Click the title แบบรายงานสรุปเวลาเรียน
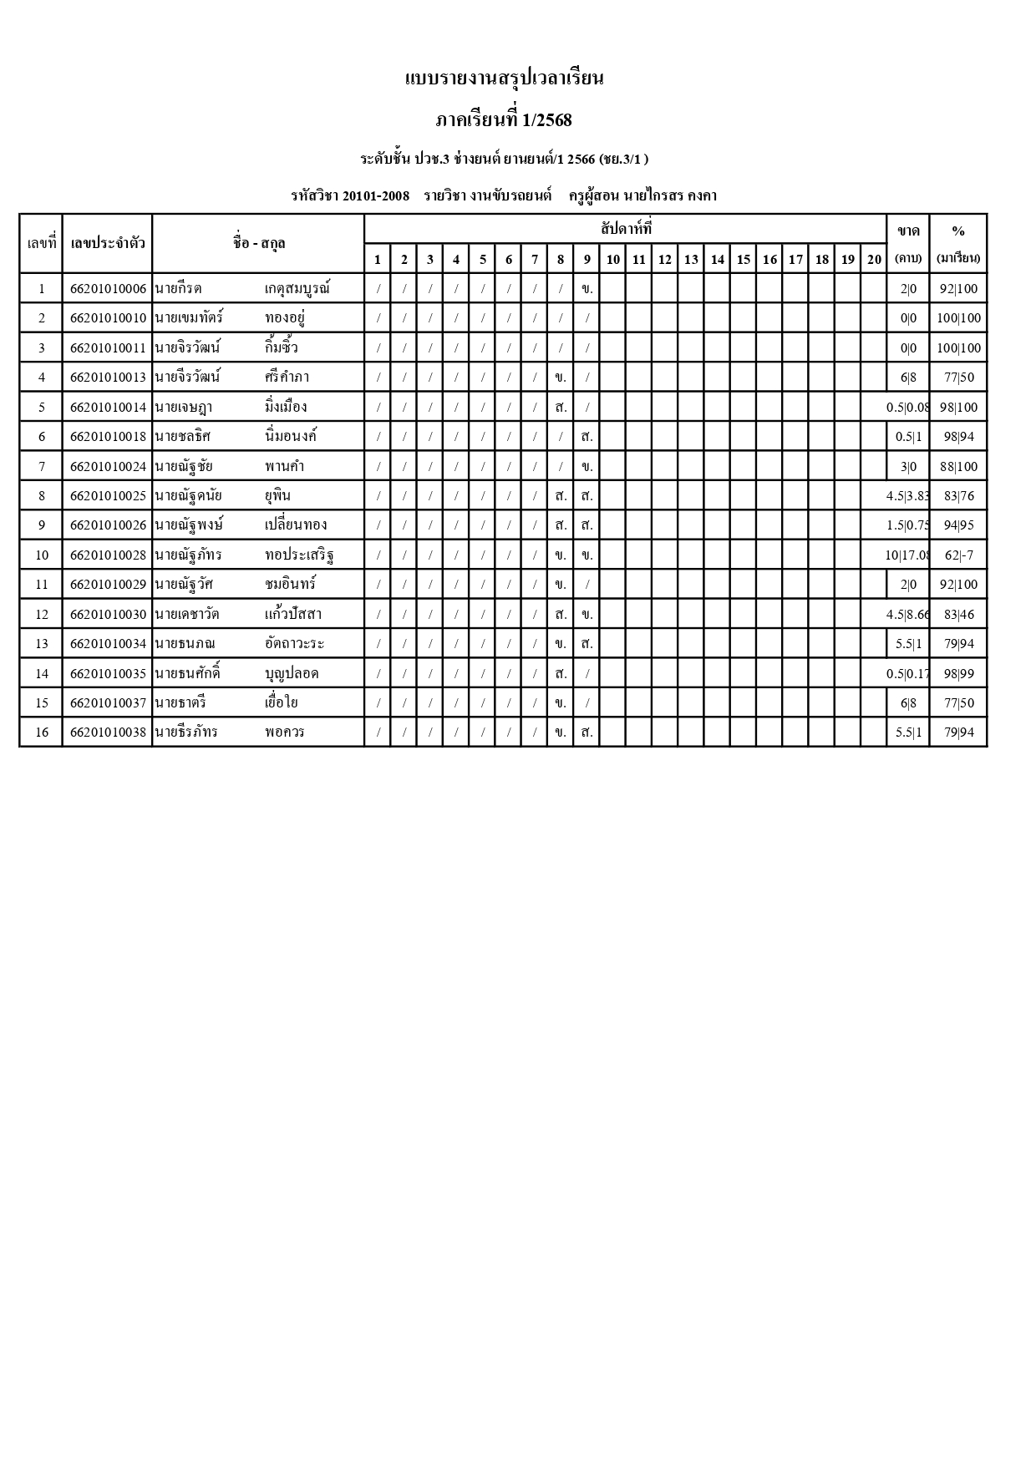pyautogui.click(x=504, y=79)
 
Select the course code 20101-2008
pyautogui.click(x=376, y=196)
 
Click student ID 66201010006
pyautogui.click(x=108, y=289)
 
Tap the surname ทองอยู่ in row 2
pyautogui.click(x=285, y=318)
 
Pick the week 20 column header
pyautogui.click(x=874, y=259)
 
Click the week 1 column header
pyautogui.click(x=378, y=259)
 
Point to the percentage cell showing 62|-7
pyautogui.click(x=958, y=555)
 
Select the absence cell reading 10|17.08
pyautogui.click(x=908, y=555)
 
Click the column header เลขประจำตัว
pyautogui.click(x=108, y=243)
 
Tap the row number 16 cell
pyautogui.click(x=42, y=732)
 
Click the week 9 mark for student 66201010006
pyautogui.click(x=587, y=289)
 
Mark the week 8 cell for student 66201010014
pyautogui.click(x=561, y=408)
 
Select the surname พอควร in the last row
pyautogui.click(x=285, y=732)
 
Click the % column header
pyautogui.click(x=958, y=231)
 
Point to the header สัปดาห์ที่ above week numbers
pyautogui.click(x=626, y=228)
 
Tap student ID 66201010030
pyautogui.click(x=108, y=615)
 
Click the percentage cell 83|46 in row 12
pyautogui.click(x=958, y=615)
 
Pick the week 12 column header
pyautogui.click(x=665, y=259)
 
